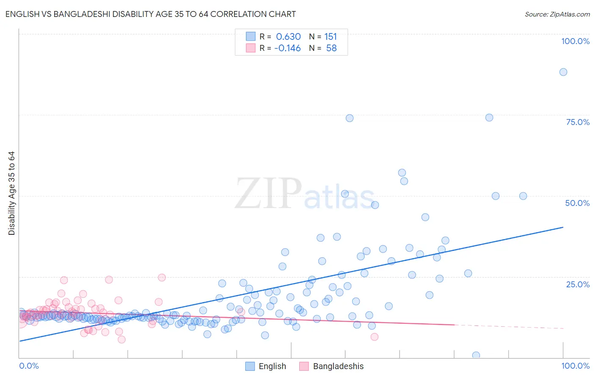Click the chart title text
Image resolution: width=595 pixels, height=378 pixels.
(x=151, y=14)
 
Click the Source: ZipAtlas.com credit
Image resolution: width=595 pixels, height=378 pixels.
(x=557, y=14)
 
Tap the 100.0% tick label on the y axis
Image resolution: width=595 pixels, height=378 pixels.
(x=575, y=41)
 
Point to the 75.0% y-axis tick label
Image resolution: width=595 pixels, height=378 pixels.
(x=578, y=122)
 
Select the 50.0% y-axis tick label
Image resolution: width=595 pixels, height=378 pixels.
(x=577, y=203)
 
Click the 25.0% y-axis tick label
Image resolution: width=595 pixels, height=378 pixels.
(x=578, y=284)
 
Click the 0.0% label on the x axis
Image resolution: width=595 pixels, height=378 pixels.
(x=29, y=366)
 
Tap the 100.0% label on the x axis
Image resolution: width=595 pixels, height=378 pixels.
(x=575, y=366)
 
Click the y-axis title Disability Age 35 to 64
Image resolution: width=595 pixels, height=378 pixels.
(x=11, y=193)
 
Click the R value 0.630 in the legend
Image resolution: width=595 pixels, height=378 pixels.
(x=288, y=37)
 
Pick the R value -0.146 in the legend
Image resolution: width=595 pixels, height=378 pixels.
(x=287, y=48)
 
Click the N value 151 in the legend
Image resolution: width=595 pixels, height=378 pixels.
(x=331, y=37)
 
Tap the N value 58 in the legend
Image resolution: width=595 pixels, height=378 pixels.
(x=331, y=48)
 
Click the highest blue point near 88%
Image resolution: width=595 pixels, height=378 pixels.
(x=563, y=72)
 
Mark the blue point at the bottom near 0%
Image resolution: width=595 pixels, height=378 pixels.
(x=476, y=355)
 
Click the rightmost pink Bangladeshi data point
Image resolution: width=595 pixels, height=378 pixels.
(x=374, y=337)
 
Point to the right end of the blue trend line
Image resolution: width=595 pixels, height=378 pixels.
(x=563, y=227)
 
